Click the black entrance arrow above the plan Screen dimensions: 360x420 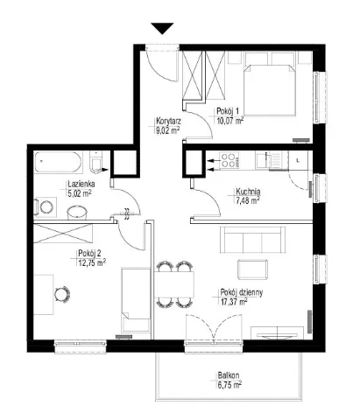tap(162, 28)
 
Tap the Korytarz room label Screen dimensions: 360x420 tap(169, 121)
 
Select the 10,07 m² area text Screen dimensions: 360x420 tap(230, 121)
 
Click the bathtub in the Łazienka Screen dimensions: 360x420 tap(58, 162)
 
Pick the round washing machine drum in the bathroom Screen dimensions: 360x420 tap(46, 206)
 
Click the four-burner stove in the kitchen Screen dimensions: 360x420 tap(229, 160)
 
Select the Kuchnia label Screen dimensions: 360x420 tap(248, 192)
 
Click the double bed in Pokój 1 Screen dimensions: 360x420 tap(269, 90)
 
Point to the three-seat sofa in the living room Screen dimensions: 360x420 tap(252, 240)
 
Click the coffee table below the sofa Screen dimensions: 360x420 tap(253, 269)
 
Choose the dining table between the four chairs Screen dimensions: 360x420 tap(174, 284)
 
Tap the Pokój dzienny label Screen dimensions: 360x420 tap(242, 292)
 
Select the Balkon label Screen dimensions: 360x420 tap(229, 375)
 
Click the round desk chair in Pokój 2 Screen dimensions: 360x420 tap(62, 294)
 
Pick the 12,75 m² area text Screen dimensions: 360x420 tap(92, 262)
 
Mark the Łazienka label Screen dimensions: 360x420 tap(81, 185)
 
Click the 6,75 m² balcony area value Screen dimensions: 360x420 tap(229, 385)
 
